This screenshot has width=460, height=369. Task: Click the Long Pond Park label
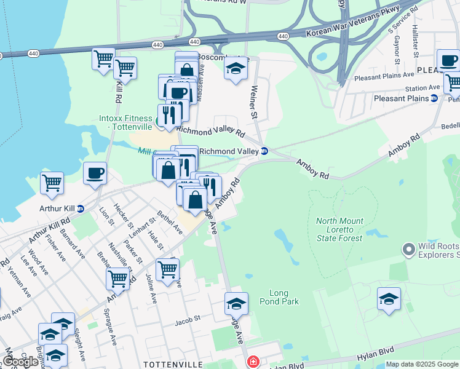[284, 297]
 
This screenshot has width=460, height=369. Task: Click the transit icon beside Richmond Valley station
[264, 151]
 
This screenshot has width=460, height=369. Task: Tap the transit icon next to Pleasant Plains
[434, 98]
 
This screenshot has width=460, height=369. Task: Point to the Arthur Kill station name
[57, 208]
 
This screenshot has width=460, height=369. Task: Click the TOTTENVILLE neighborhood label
[169, 364]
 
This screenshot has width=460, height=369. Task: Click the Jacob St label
[188, 320]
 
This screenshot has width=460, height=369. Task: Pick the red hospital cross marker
[253, 362]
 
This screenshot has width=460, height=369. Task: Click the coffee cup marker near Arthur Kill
[95, 174]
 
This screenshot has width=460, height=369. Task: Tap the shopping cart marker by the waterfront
[52, 183]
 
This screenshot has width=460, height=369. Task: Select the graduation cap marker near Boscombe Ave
[236, 69]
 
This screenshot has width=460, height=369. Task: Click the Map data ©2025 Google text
[422, 364]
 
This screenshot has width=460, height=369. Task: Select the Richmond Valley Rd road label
[211, 131]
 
